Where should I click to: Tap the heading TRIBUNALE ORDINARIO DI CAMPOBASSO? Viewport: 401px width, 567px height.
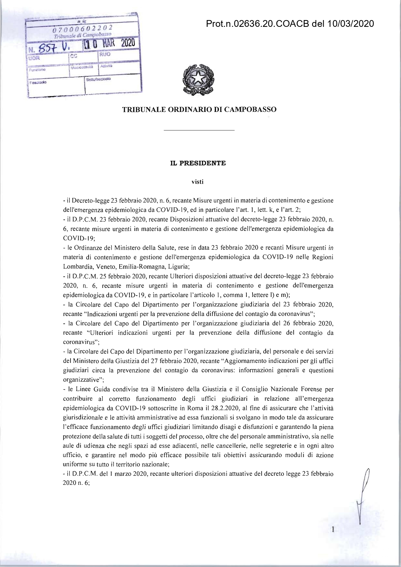coord(199,110)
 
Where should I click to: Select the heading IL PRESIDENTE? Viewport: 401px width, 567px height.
coord(198,163)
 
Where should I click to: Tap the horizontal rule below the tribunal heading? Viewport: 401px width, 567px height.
coord(199,130)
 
